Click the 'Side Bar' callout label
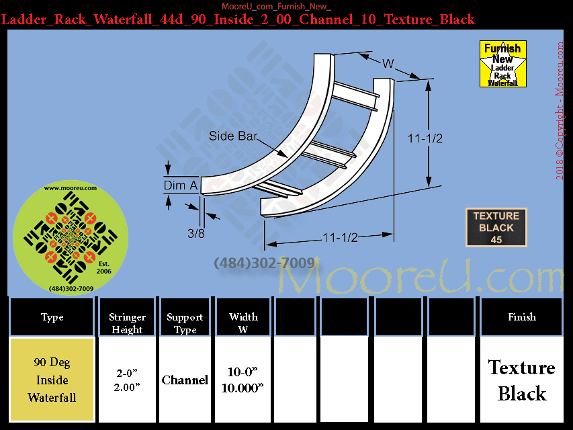tap(233, 136)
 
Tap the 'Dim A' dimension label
tap(181, 185)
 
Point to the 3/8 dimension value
tap(196, 233)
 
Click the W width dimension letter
tap(388, 64)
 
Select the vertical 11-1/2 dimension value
tap(425, 138)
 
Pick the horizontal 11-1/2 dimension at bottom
tap(340, 238)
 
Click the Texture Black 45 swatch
tap(496, 228)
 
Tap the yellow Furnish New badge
tap(503, 64)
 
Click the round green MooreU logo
tap(71, 238)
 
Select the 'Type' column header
tap(52, 316)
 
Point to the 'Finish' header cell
tap(522, 316)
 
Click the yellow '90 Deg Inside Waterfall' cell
tap(52, 380)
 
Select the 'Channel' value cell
tap(185, 380)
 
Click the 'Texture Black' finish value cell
tap(522, 380)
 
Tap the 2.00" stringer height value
tap(127, 387)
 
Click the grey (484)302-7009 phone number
tap(264, 263)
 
